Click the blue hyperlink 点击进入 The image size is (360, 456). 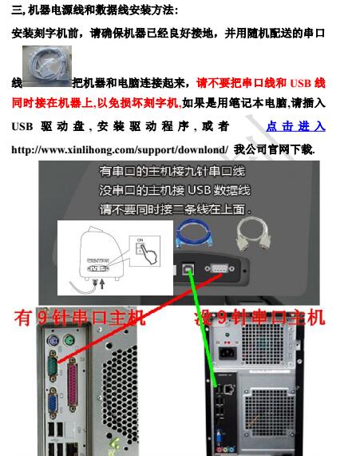click(295, 126)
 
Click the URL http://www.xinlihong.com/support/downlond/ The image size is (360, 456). click(120, 150)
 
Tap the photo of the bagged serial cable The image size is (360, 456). click(47, 66)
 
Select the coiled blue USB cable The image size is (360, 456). click(194, 235)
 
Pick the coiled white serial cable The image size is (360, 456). click(254, 235)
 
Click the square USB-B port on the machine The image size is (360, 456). click(188, 270)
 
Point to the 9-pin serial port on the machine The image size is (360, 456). click(220, 268)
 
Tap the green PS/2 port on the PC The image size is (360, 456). click(69, 340)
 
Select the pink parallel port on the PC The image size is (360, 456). click(73, 384)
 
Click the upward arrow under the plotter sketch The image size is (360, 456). click(102, 284)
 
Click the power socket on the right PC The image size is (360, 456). click(227, 353)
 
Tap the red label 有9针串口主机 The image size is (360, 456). click(79, 317)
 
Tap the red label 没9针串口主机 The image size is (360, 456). click(259, 317)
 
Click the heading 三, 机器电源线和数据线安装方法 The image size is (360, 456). click(94, 10)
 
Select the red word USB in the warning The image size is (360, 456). click(301, 84)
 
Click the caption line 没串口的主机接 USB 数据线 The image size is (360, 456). click(175, 191)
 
